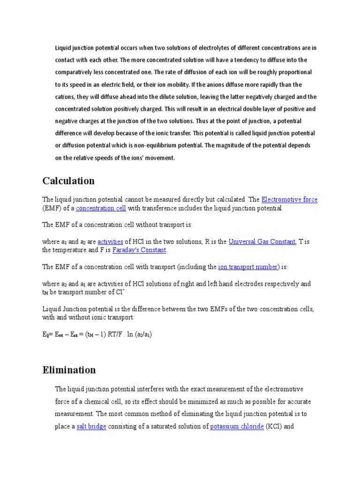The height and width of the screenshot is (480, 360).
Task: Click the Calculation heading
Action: (68, 181)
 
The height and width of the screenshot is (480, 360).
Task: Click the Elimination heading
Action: (69, 370)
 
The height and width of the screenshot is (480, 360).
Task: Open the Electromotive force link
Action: (289, 200)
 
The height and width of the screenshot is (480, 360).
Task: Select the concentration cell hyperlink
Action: (101, 208)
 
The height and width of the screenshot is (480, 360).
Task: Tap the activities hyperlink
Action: (110, 242)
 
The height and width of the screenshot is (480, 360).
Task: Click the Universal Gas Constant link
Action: (262, 242)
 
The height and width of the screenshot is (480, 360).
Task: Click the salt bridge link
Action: (91, 427)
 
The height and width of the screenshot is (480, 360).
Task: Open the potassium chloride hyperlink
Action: (237, 427)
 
